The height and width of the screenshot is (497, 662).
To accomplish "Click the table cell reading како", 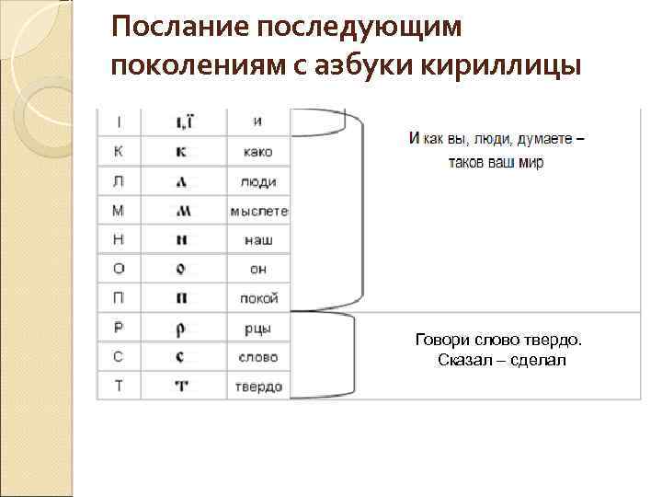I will [x=258, y=152].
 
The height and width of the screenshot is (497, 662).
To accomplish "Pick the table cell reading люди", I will [x=258, y=181].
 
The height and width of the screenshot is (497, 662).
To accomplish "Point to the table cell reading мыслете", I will [x=259, y=211].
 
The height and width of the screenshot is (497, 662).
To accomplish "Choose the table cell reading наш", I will [x=258, y=240].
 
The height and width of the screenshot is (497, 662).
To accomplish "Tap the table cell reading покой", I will [x=258, y=298].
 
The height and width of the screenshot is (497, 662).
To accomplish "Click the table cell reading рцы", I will [x=258, y=328].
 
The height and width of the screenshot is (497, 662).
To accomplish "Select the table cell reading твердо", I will [x=258, y=387].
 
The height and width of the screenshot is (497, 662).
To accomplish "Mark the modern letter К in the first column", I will [x=120, y=152].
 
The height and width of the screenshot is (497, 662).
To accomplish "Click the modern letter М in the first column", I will [x=120, y=211].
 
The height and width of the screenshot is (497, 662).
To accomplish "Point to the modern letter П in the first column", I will [x=120, y=298].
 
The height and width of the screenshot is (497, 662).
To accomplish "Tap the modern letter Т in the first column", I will [x=120, y=387].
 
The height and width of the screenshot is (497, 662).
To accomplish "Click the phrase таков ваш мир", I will [x=496, y=162].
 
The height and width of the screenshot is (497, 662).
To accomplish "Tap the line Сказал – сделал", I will [x=503, y=359].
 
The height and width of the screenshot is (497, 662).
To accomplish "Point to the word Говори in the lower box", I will [x=442, y=341].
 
